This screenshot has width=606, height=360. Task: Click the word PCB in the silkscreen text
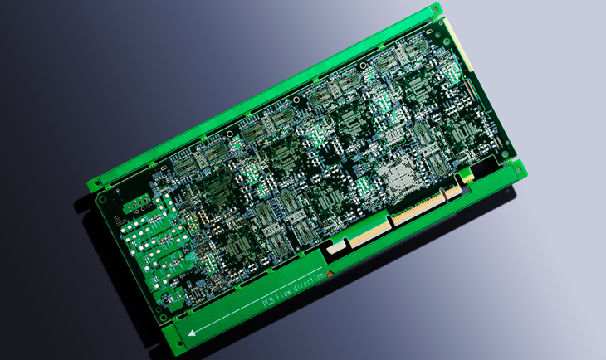coord(268,301)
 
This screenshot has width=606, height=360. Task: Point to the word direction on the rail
coord(309,282)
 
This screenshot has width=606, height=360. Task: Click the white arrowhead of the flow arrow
coord(192,333)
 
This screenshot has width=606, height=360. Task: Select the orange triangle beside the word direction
coord(330,274)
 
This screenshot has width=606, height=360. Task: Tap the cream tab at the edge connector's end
coord(334,248)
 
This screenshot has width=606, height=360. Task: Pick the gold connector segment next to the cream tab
coord(368,233)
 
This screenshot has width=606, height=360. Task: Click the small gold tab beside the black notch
coord(467,177)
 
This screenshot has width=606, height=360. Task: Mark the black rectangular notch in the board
coord(485,167)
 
